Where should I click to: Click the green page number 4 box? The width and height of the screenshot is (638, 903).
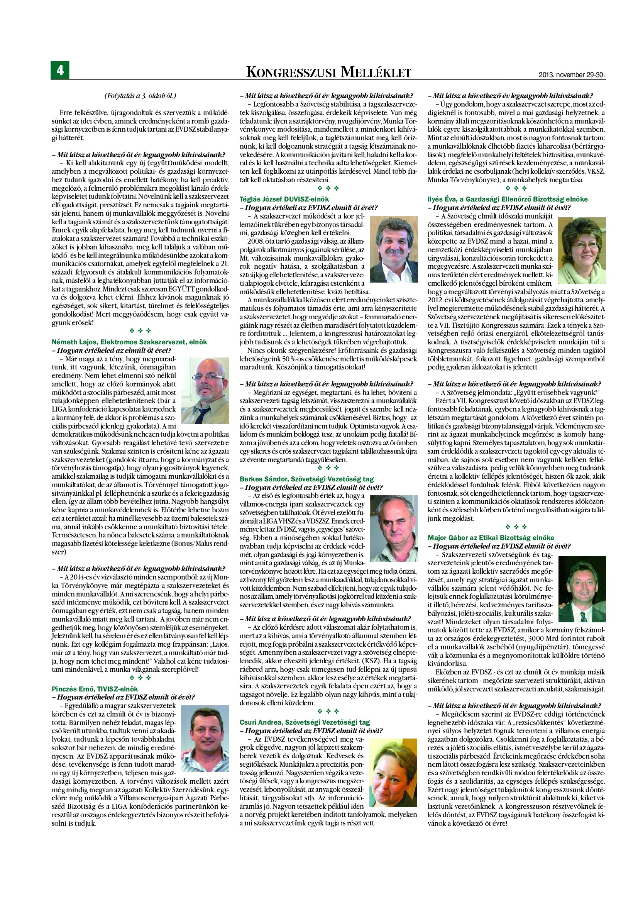[60, 70]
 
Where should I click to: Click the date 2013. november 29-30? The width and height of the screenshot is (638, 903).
[571, 75]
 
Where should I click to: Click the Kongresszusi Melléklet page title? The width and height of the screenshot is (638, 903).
[328, 72]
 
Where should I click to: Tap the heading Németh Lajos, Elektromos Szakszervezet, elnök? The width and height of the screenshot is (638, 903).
[129, 342]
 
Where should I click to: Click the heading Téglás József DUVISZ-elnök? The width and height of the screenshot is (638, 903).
[284, 199]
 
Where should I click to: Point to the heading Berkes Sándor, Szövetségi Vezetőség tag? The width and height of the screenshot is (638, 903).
[306, 479]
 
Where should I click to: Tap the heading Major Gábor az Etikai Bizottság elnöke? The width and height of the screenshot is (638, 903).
[491, 538]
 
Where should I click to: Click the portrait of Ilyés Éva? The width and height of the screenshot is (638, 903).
[582, 251]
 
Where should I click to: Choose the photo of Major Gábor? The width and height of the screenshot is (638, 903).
[582, 590]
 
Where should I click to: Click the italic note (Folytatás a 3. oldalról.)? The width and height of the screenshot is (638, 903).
[140, 96]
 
